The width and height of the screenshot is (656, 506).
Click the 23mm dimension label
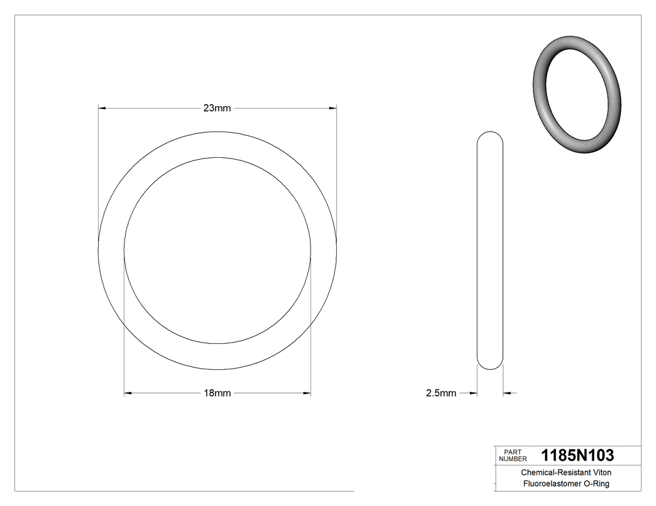tap(217, 108)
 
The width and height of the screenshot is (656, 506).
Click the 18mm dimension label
tap(217, 393)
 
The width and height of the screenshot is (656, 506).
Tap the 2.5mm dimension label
tap(441, 393)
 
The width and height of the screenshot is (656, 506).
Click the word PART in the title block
tap(512, 452)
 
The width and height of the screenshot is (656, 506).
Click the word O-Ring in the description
tap(597, 484)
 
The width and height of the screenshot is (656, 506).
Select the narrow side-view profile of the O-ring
tap(490, 250)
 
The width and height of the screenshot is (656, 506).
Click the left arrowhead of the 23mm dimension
tap(103, 108)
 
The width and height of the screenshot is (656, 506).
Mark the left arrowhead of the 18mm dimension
tap(129, 393)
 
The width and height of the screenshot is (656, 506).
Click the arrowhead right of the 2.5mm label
tap(473, 393)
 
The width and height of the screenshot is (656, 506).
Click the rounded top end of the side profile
tap(490, 136)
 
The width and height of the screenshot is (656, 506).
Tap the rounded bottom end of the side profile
tap(490, 364)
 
